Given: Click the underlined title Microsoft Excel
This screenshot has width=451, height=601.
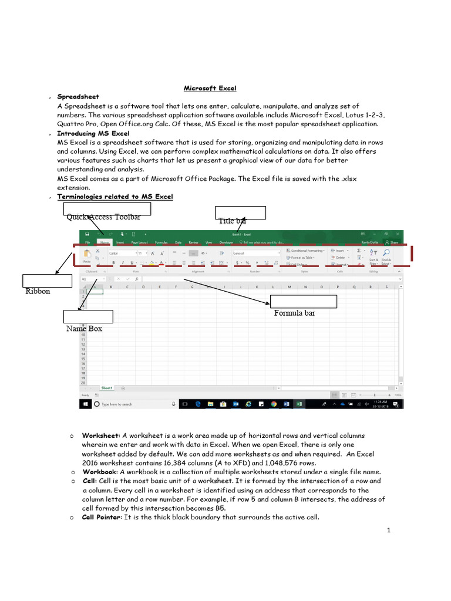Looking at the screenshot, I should coord(210,88).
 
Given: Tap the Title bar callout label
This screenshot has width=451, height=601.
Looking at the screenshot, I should coord(233,221).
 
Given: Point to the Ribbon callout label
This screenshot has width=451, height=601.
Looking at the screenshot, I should coord(38,291).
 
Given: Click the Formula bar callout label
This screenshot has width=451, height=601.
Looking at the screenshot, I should coord(294,313).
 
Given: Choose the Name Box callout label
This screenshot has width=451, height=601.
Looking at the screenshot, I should coord(84,329).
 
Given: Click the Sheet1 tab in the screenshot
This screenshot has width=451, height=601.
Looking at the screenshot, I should coord(107,388).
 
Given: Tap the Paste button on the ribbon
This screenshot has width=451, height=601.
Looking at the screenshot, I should coord(87,257).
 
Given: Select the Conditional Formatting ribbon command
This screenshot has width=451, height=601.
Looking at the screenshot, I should coord(306,251).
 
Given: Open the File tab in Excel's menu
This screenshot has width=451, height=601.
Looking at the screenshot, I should coord(87,242).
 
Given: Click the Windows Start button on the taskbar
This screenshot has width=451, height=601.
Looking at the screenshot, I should coord(86,404).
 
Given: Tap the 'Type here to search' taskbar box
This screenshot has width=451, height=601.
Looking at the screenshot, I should coord(117,404).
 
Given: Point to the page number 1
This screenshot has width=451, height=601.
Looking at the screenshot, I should coord(389,531).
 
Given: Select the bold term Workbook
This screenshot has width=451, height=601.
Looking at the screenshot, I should coord(100,472).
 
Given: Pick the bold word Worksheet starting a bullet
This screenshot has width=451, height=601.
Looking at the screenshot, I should coord(101,435).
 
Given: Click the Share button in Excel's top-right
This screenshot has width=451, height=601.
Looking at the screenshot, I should coord(392,242).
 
